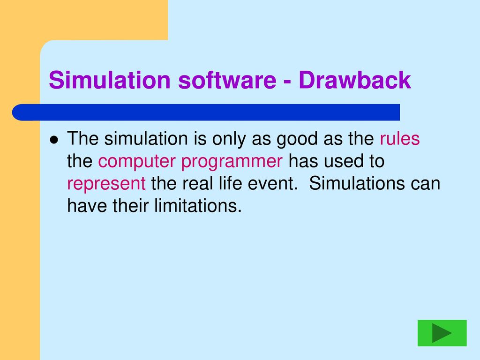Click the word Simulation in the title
click(110, 80)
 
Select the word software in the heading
click(227, 80)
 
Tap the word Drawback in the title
click(355, 80)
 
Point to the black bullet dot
click(54, 140)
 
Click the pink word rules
click(399, 138)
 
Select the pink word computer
click(137, 162)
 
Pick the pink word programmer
click(232, 162)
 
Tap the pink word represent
click(106, 184)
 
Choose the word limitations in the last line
click(198, 205)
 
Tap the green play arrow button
click(442, 333)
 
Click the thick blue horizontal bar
click(206, 112)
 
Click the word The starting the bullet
click(82, 138)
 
